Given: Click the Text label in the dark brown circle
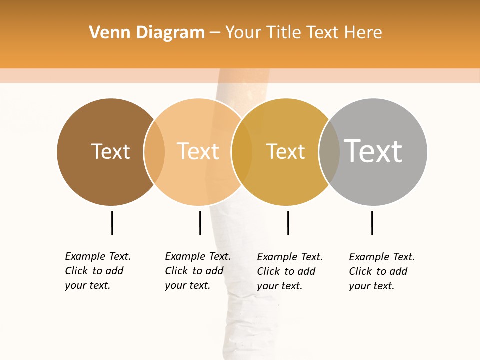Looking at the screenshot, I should (110, 151).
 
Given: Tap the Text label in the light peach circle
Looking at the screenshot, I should (198, 151).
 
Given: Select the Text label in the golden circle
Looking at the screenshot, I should (285, 151).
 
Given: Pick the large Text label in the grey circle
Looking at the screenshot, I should (373, 151).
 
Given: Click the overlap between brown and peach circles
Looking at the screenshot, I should (154, 152).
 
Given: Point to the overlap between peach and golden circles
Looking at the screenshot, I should (242, 152).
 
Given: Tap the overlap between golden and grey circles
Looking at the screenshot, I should (329, 152).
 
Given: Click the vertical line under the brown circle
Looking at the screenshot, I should (112, 223).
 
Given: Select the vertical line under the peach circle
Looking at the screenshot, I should (200, 223).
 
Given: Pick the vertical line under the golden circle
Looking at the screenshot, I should (288, 223).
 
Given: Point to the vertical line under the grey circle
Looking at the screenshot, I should (372, 223).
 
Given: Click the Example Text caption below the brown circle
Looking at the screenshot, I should (97, 271).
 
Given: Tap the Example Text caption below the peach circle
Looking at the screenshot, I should (197, 271).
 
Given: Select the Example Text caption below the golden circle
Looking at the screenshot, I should (289, 271).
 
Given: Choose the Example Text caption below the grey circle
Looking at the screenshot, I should (381, 271).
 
